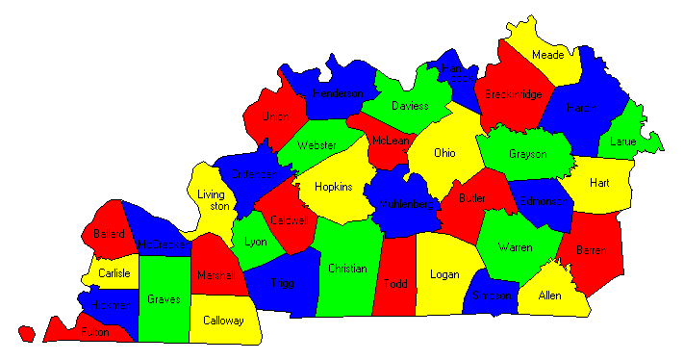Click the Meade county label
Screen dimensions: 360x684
click(x=547, y=56)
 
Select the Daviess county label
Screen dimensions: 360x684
click(x=409, y=105)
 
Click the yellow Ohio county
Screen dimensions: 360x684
click(x=444, y=152)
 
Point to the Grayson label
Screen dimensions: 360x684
click(x=527, y=154)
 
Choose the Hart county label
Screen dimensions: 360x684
click(x=599, y=182)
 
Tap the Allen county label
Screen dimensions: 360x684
click(x=550, y=296)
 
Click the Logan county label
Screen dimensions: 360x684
click(x=444, y=274)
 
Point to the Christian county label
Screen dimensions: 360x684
click(x=346, y=268)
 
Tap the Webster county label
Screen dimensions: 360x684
click(x=317, y=145)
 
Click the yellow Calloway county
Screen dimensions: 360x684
click(x=222, y=321)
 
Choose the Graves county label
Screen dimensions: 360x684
click(x=164, y=299)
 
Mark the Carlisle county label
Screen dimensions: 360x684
click(x=114, y=273)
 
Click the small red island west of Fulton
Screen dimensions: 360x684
click(x=26, y=334)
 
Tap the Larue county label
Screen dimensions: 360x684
click(x=623, y=141)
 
